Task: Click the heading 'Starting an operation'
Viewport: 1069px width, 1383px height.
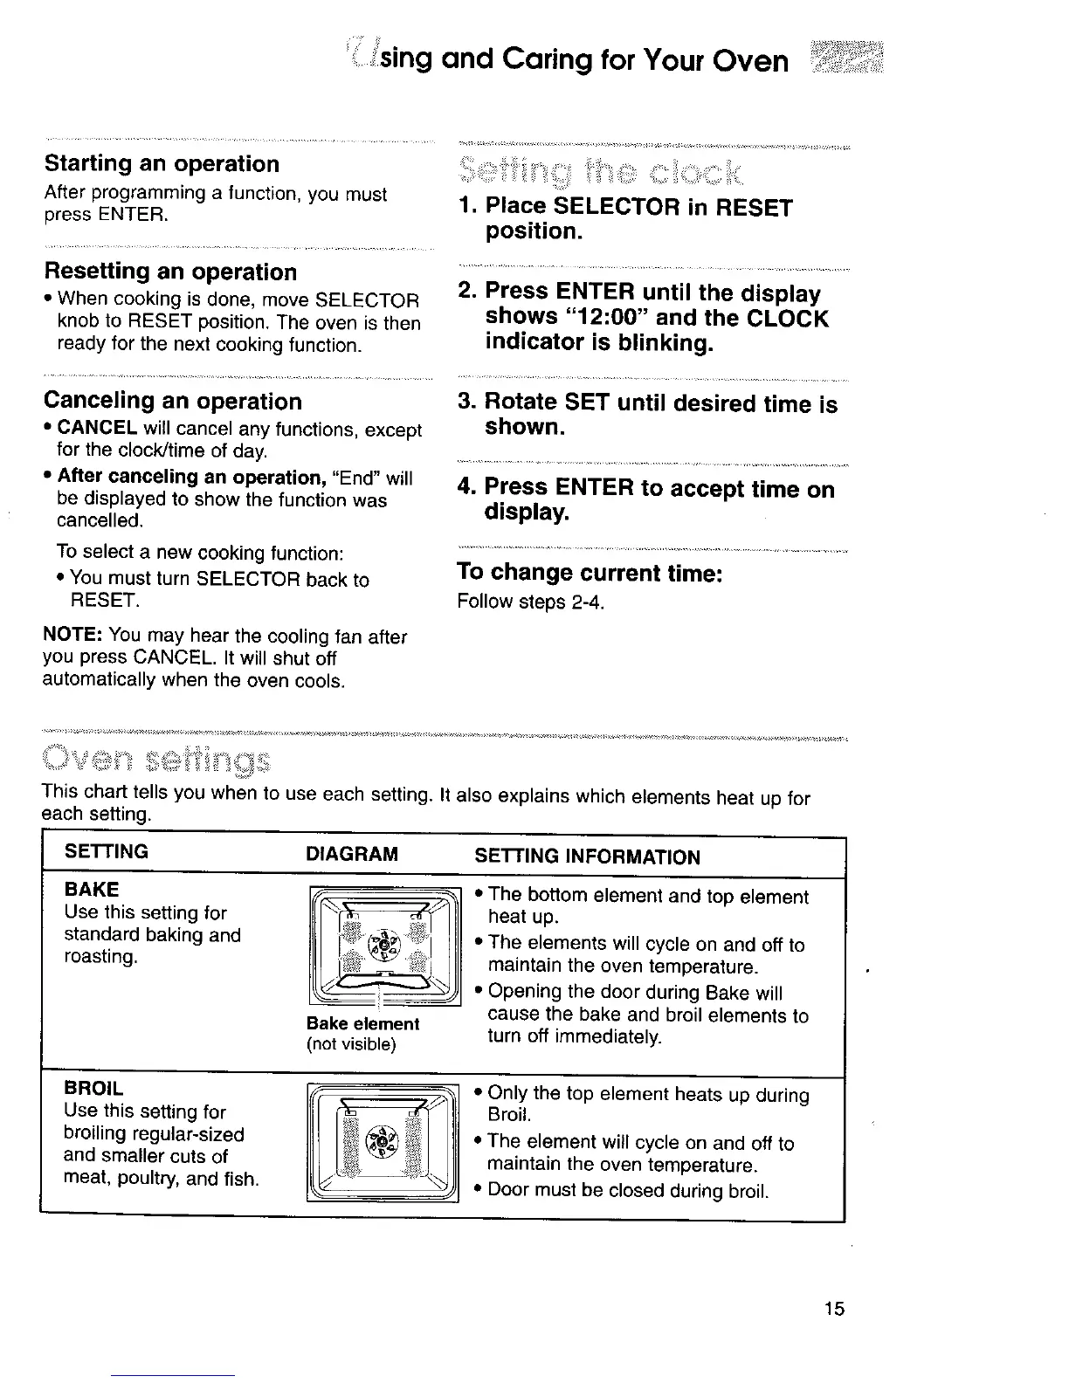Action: click(162, 164)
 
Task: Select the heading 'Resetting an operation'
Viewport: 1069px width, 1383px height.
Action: click(170, 272)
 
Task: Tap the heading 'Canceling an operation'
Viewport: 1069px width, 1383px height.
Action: click(173, 402)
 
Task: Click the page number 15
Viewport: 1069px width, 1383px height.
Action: click(834, 1308)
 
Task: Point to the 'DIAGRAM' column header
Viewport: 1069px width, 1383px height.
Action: click(352, 854)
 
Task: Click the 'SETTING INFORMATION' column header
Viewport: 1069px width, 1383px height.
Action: click(587, 857)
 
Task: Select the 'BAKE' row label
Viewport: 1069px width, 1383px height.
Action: click(92, 890)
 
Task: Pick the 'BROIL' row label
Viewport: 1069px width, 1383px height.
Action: click(94, 1089)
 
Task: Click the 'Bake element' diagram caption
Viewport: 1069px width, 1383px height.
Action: click(362, 1023)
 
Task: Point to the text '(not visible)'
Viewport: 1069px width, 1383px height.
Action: click(351, 1044)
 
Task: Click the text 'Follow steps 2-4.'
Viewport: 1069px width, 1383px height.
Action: click(531, 602)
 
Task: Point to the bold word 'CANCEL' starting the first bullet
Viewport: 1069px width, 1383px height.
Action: click(97, 430)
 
